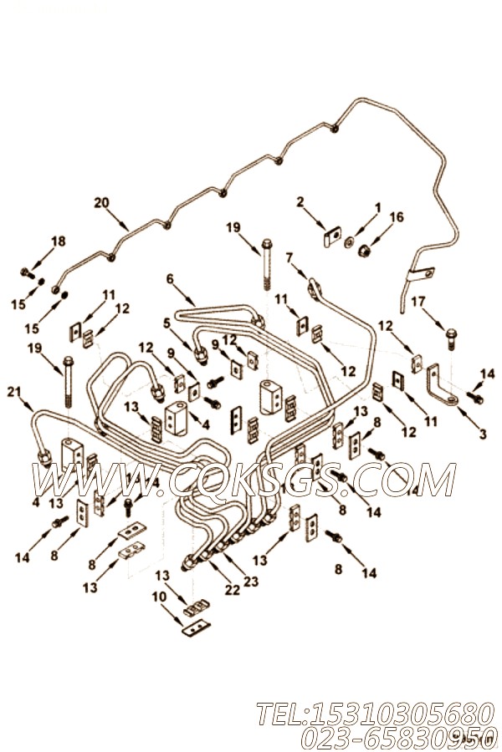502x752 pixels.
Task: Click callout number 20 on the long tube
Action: pos(101,202)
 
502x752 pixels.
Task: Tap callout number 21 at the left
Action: pos(13,391)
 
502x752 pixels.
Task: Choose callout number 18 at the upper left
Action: pos(58,241)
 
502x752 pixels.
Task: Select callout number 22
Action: pos(232,589)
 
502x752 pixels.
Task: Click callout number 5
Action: pos(167,321)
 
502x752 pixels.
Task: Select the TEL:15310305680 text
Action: pos(369,714)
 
